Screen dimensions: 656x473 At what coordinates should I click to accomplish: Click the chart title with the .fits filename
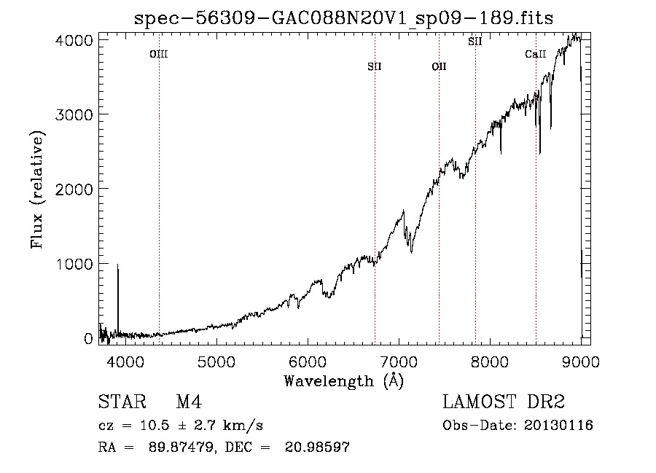[343, 18]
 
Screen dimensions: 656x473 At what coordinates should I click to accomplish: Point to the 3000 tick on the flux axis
[74, 114]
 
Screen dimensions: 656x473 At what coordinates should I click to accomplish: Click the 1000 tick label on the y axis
[74, 264]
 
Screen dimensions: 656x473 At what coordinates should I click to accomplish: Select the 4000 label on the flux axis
[74, 41]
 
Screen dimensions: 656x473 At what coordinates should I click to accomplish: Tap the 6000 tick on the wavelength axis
[308, 361]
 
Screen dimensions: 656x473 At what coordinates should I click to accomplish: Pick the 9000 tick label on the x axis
[581, 361]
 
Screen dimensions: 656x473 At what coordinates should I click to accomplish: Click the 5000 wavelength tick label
[216, 361]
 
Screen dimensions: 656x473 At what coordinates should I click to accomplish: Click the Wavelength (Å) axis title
[344, 381]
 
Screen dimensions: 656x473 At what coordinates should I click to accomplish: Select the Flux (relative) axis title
[37, 190]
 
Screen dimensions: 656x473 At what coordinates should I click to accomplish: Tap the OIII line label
[159, 55]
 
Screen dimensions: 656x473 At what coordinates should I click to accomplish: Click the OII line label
[440, 66]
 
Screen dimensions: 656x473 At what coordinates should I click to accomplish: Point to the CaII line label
[536, 54]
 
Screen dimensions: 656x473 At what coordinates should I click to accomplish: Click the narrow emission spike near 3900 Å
[118, 299]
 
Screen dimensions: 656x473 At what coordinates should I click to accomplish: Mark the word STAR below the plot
[122, 402]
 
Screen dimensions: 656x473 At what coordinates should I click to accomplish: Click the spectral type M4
[189, 402]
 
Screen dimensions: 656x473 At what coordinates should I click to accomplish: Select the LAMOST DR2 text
[504, 402]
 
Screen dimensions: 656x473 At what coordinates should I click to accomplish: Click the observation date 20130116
[558, 426]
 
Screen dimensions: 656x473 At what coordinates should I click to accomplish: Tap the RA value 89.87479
[181, 447]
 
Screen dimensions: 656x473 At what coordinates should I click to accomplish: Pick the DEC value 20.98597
[317, 447]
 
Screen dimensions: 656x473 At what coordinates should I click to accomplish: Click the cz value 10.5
[155, 426]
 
